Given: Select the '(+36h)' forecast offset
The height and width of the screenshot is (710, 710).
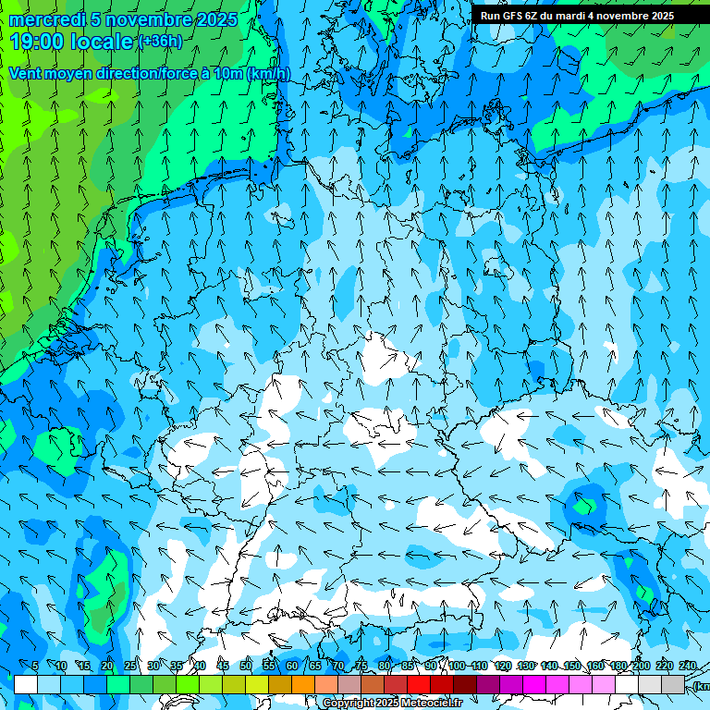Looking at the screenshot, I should point(160,42).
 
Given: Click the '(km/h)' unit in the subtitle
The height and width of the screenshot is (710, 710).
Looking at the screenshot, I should point(269,73).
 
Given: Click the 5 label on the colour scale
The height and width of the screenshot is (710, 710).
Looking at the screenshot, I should point(35,666).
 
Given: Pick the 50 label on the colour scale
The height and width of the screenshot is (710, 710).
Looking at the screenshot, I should point(245,666).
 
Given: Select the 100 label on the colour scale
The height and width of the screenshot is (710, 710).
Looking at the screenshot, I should point(457,666).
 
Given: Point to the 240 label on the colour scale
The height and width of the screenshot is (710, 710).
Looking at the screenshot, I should point(687,666).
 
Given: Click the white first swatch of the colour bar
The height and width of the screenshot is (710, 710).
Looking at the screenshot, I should point(26,684).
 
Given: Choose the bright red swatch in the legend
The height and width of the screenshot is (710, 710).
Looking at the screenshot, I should point(419,684).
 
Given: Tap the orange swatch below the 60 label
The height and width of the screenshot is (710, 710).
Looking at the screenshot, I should point(303,684).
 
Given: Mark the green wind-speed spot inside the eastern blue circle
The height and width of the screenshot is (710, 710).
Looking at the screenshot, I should point(584,505).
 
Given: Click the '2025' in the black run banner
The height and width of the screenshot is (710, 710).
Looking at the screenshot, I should point(661,16).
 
